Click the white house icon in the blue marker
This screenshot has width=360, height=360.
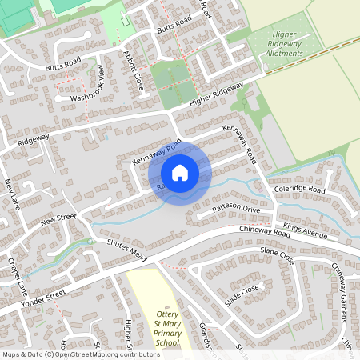[x=180, y=172]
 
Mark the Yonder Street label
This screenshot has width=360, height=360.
[x=44, y=298]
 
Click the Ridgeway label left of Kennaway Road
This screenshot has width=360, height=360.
[x=35, y=137]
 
